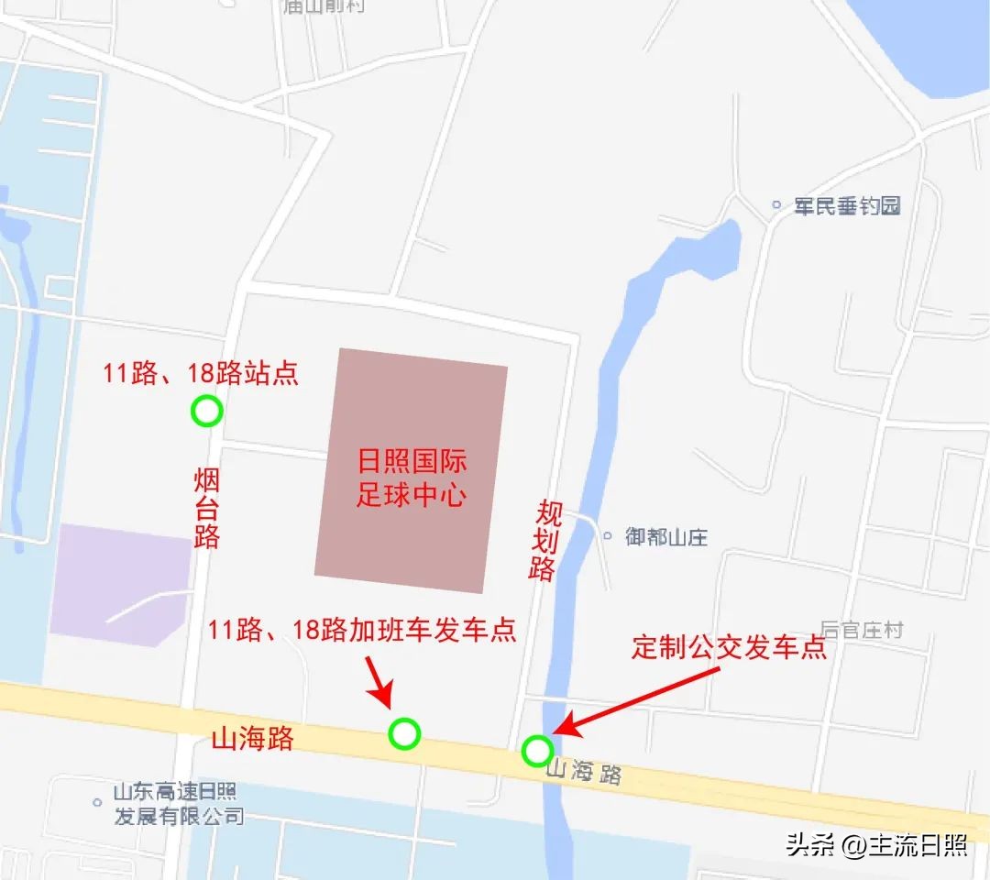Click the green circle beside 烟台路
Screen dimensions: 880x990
click(x=207, y=412)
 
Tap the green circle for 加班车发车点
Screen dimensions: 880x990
click(x=404, y=733)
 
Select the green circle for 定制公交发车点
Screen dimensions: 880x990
click(x=537, y=751)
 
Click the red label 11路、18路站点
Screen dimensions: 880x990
click(x=201, y=374)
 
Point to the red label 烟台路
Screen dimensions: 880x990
click(x=207, y=509)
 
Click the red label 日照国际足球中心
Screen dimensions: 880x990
click(x=412, y=478)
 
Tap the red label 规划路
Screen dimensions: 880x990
click(x=544, y=541)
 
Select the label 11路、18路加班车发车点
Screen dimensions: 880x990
click(x=362, y=630)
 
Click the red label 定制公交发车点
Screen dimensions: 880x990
click(x=730, y=648)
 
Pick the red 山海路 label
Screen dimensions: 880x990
click(x=253, y=739)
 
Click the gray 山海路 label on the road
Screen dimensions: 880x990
click(x=583, y=773)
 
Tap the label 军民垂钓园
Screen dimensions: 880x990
click(x=847, y=205)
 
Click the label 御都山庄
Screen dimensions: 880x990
click(x=666, y=536)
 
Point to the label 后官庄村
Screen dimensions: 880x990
click(x=862, y=630)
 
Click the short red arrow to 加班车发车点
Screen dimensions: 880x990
click(x=379, y=681)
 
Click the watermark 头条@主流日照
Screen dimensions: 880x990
click(x=876, y=844)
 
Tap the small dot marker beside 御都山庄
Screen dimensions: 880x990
click(x=607, y=535)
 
